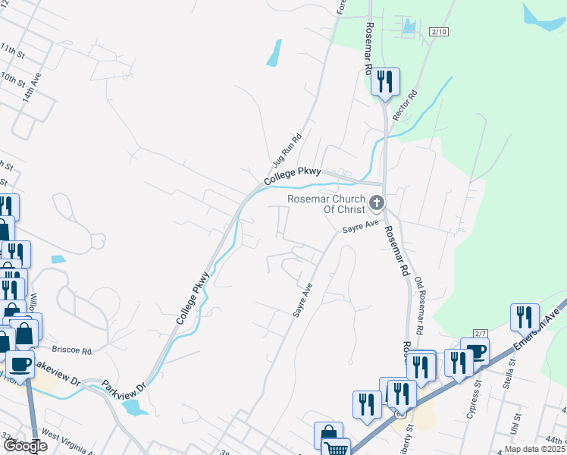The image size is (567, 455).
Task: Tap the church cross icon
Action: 376,202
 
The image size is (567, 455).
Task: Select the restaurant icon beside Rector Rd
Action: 386,81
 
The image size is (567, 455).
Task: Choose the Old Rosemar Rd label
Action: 419,306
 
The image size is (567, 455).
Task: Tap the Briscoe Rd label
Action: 76,351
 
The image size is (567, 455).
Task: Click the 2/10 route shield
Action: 438,31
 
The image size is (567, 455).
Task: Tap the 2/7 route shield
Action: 479,334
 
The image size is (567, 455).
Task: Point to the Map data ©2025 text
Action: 534,449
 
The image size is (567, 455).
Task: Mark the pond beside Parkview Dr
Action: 134,408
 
